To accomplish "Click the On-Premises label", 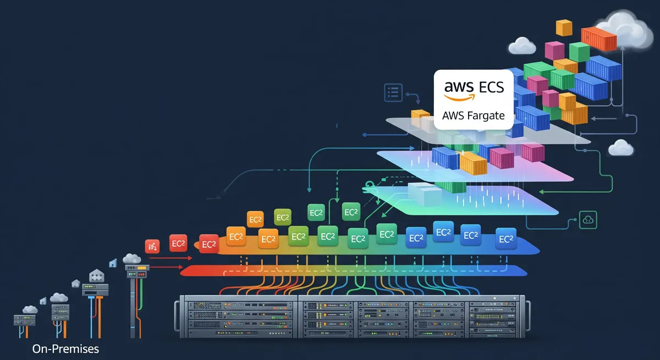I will tap(65, 348).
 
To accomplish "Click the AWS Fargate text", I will tap(473, 116).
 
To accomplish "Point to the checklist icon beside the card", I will tap(393, 92).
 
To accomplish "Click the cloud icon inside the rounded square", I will tap(588, 219).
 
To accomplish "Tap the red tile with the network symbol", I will tap(152, 246).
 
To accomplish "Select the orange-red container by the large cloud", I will tap(599, 38).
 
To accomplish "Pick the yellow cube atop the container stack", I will tap(564, 27).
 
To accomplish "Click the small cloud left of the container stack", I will tap(522, 46).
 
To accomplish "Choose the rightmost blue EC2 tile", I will tap(505, 239).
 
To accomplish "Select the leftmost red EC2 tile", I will tap(178, 243).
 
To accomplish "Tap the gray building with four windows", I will tap(96, 275).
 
